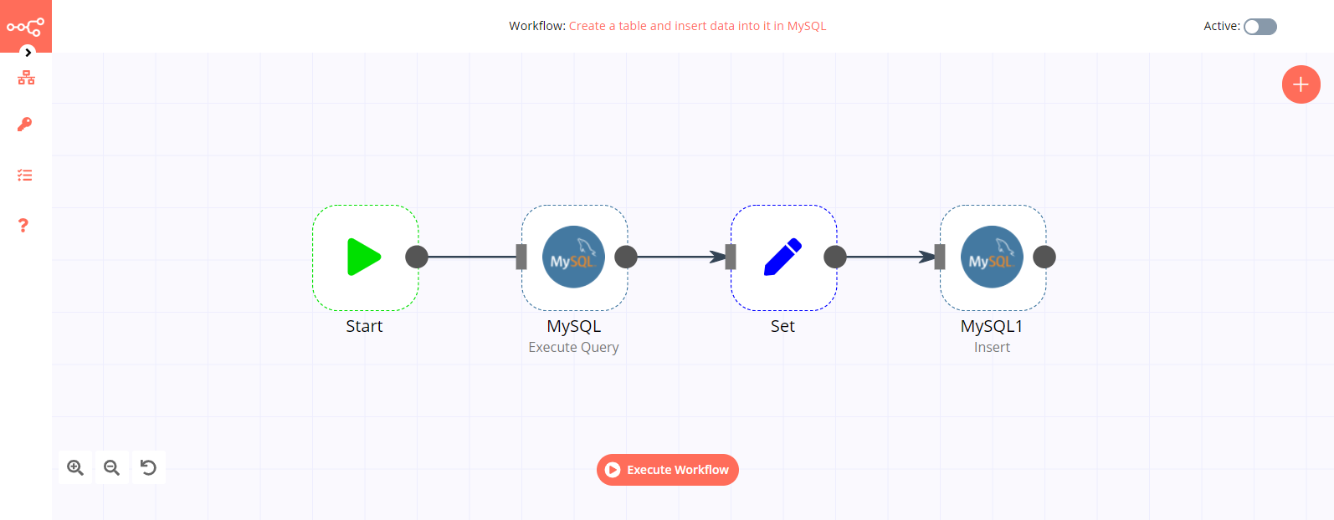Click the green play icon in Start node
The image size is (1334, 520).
[x=364, y=257]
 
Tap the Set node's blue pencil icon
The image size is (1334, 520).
[x=782, y=257]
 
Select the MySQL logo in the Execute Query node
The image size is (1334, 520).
[x=573, y=257]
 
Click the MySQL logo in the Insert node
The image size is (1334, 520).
[x=992, y=257]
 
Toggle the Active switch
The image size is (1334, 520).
[x=1260, y=27]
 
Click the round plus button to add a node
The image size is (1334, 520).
[x=1301, y=84]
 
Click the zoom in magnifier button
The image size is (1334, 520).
[x=75, y=467]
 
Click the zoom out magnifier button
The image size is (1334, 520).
[x=111, y=467]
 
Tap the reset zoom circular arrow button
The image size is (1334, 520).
[x=148, y=467]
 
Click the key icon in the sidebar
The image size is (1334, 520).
[x=25, y=125]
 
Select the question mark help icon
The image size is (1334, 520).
[x=23, y=226]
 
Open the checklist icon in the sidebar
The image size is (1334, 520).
[x=25, y=176]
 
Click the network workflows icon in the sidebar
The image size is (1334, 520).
[x=26, y=78]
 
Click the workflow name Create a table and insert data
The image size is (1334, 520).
[x=697, y=26]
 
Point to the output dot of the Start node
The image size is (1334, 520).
[x=417, y=257]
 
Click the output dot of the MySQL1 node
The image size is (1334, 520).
[x=1044, y=257]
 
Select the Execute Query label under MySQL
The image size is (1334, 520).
[x=573, y=347]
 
